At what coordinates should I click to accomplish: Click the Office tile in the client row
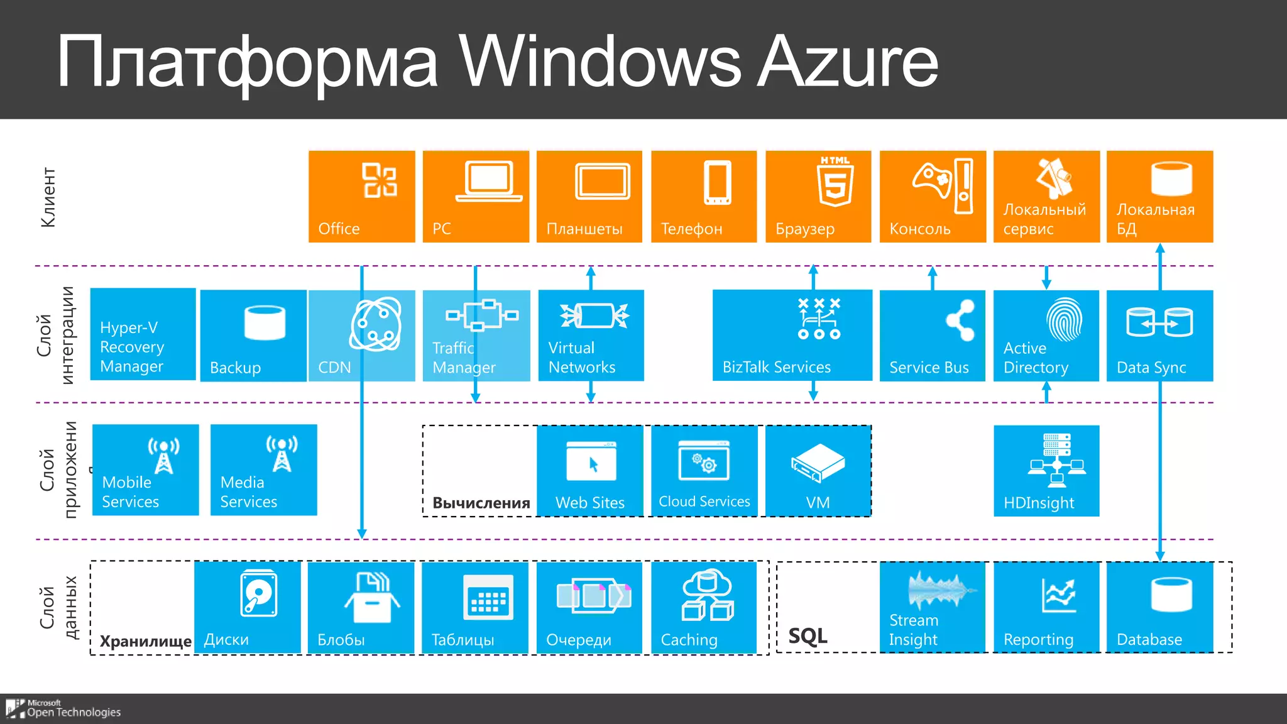tap(361, 197)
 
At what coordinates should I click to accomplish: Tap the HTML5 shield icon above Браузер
tap(835, 182)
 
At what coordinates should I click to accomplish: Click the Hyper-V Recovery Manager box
tap(143, 334)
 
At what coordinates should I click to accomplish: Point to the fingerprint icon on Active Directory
tap(1064, 319)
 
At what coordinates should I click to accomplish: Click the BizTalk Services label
tap(776, 367)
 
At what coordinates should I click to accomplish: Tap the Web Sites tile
tap(590, 471)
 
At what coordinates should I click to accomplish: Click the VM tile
tap(818, 471)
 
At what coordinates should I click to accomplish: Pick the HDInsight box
tap(1046, 471)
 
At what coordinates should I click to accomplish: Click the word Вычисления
tap(481, 503)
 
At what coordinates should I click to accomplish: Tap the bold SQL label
tap(808, 636)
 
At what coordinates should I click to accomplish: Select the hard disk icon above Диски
tap(258, 593)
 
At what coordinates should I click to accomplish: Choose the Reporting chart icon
tap(1059, 595)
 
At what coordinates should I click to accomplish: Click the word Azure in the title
tap(848, 62)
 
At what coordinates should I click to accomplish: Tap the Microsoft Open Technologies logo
tap(63, 708)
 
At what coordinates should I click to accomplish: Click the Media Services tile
tap(263, 470)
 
